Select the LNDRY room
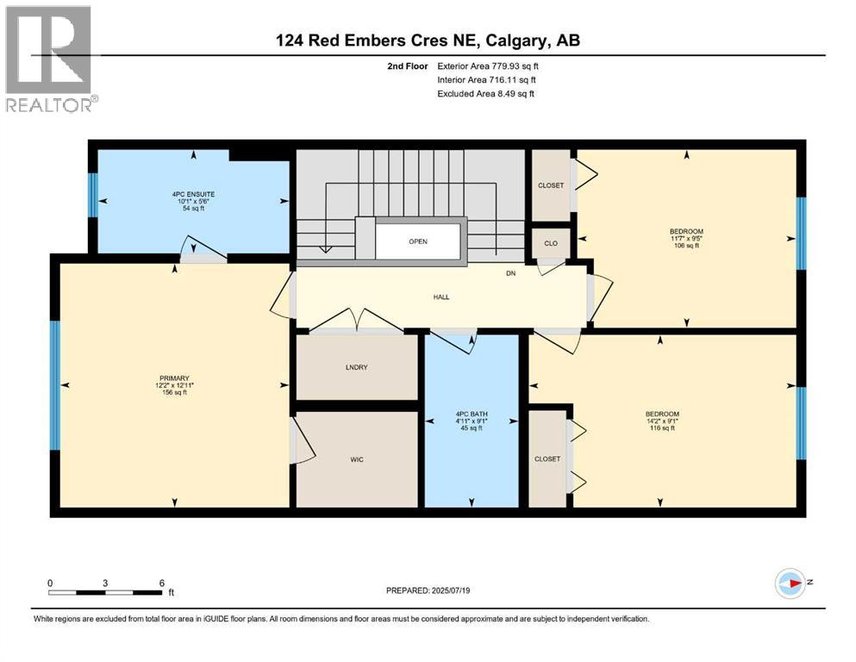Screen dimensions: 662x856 [357, 367]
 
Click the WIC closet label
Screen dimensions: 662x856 [357, 459]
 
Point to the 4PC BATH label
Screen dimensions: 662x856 [472, 415]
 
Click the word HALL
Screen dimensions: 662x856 [441, 297]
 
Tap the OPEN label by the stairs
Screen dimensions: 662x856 [418, 241]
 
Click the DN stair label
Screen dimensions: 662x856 [510, 274]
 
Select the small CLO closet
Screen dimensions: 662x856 [550, 243]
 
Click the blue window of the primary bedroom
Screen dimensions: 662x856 [55, 385]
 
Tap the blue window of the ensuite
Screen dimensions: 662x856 [92, 196]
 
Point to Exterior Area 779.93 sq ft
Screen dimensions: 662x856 [490, 66]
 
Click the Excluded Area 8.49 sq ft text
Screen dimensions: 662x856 [486, 93]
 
